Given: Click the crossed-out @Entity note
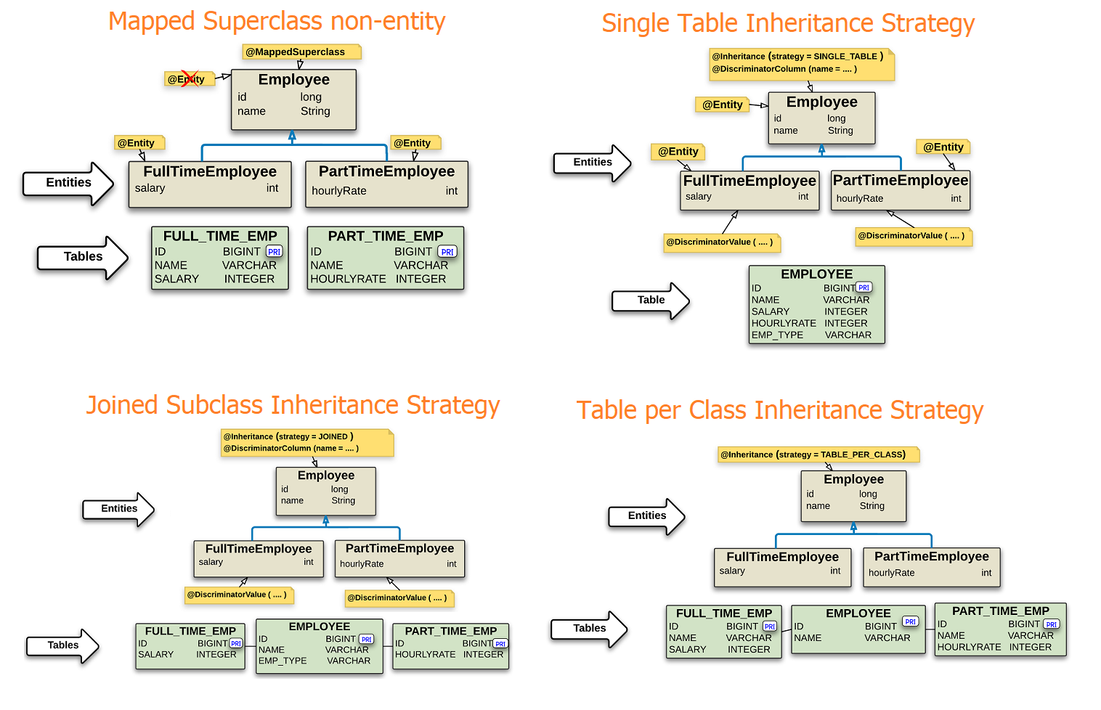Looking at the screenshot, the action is pyautogui.click(x=190, y=79).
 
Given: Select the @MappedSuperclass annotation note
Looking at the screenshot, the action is pyautogui.click(x=302, y=52).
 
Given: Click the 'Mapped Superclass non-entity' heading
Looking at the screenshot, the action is pyautogui.click(x=277, y=22).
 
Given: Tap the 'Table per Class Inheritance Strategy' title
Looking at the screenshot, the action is pyautogui.click(x=779, y=410).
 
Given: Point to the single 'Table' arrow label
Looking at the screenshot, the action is pyautogui.click(x=651, y=300).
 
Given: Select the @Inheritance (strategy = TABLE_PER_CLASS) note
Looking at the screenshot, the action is pyautogui.click(x=818, y=454).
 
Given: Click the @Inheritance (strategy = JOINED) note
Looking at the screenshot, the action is pyautogui.click(x=307, y=442).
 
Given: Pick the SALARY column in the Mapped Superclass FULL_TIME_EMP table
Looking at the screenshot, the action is pyautogui.click(x=176, y=279).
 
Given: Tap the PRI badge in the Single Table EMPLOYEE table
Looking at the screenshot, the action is pyautogui.click(x=864, y=287).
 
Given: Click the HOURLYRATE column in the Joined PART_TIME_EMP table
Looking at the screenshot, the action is pyautogui.click(x=425, y=655).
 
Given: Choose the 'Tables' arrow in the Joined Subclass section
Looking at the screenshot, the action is pyautogui.click(x=63, y=645).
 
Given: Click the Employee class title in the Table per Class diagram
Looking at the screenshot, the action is pyautogui.click(x=854, y=479).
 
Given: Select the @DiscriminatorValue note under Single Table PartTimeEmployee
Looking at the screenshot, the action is pyautogui.click(x=914, y=236).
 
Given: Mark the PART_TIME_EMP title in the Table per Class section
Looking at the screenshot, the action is pyautogui.click(x=1000, y=611).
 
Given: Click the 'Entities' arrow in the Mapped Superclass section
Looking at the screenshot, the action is pyautogui.click(x=68, y=183).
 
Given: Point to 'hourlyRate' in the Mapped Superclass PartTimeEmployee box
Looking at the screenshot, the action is pyautogui.click(x=339, y=191).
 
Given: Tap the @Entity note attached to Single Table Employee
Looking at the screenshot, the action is pyautogui.click(x=723, y=105).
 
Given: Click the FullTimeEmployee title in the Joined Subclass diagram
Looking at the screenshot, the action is pyautogui.click(x=259, y=548).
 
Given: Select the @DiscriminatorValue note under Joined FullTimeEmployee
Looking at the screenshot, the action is pyautogui.click(x=240, y=595).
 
